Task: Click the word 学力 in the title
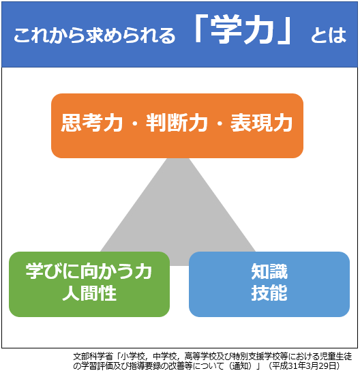[242, 30]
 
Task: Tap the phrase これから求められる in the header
[94, 35]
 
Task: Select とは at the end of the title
[329, 35]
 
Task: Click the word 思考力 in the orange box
[92, 123]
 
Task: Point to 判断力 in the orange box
[177, 123]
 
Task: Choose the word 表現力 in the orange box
[262, 123]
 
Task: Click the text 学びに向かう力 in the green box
[89, 271]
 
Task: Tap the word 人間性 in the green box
[89, 293]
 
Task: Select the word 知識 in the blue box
[269, 271]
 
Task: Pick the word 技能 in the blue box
[269, 293]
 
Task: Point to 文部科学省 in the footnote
[93, 357]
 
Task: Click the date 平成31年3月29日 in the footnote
[305, 365]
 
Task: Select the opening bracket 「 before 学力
[202, 29]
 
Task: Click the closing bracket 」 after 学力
[284, 30]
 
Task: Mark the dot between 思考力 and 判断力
[134, 123]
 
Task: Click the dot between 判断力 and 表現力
[220, 123]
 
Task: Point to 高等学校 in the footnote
[200, 357]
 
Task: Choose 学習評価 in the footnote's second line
[97, 365]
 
